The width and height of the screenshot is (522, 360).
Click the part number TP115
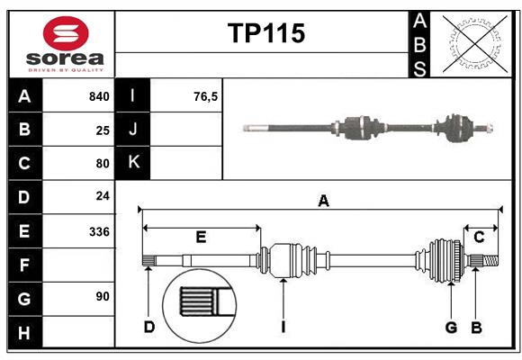point(265,34)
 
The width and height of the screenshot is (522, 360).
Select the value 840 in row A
point(99,96)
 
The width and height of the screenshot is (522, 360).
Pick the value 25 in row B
point(103,130)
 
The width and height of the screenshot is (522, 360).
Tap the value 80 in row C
point(103,164)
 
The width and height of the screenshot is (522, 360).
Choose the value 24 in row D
point(103,197)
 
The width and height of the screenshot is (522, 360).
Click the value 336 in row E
point(99,231)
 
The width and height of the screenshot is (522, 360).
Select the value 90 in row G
point(103,297)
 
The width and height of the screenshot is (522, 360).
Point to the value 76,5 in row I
point(206,96)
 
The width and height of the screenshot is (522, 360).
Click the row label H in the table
point(24,333)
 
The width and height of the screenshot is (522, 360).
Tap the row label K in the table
point(133,163)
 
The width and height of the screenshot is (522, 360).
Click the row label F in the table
point(24,265)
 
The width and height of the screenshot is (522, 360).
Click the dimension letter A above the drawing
point(323,202)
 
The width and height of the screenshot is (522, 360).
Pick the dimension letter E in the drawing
point(201,238)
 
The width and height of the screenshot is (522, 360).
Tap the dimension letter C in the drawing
point(479,238)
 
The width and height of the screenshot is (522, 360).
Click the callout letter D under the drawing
point(149,327)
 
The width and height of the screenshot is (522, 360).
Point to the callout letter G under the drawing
point(451,327)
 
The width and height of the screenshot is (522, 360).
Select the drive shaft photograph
point(369,127)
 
